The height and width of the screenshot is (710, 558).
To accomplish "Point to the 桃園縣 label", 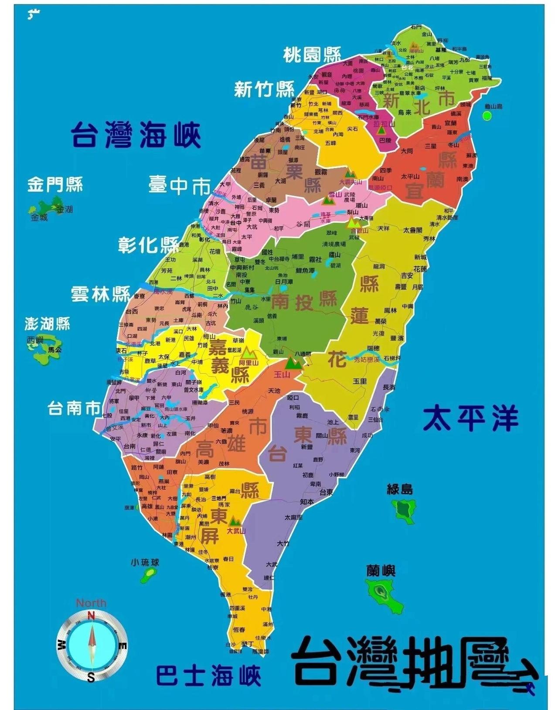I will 312,55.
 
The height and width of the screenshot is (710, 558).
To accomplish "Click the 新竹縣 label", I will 264,89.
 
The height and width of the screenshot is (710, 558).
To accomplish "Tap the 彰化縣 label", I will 148,245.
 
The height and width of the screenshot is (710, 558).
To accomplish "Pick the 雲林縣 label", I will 101,294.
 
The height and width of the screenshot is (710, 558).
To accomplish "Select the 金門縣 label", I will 55,184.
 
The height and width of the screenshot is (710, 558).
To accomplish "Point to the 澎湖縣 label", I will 47,324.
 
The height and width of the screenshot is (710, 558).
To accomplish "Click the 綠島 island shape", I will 404,510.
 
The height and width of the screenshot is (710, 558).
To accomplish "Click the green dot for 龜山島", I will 487,116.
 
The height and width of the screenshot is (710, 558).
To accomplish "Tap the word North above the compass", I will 91,603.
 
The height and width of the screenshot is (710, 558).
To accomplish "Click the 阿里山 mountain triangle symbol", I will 248,352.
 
